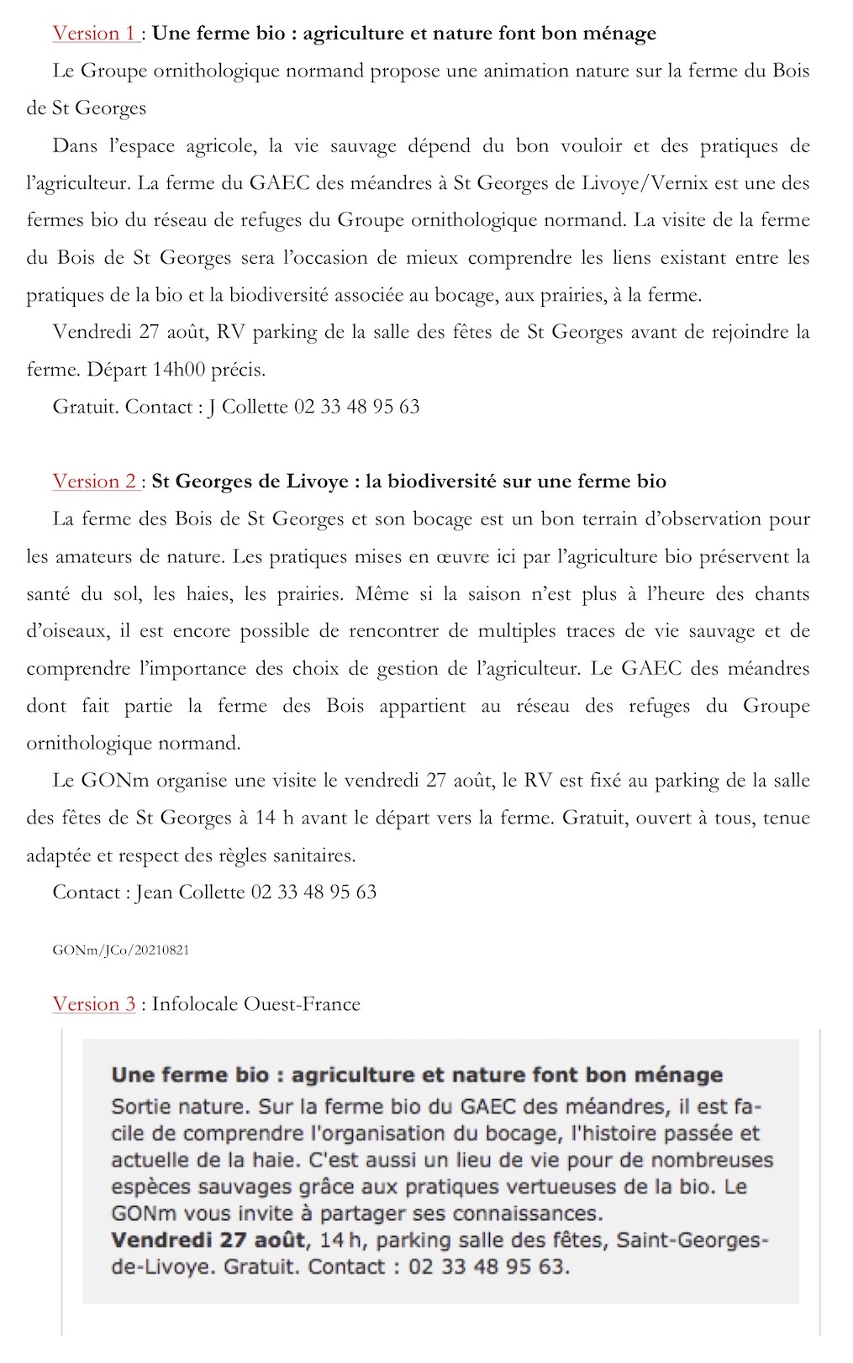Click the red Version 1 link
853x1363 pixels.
pos(94,34)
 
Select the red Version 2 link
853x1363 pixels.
pos(94,482)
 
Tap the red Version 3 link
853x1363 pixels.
pos(94,1004)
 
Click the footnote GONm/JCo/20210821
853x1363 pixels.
pos(120,950)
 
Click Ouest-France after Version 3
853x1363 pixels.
pos(303,1004)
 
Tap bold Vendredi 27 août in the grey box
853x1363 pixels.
pos(208,1240)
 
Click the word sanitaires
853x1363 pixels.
pos(312,855)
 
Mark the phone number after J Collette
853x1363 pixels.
pos(356,408)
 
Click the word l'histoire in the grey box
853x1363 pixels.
pos(613,1134)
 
